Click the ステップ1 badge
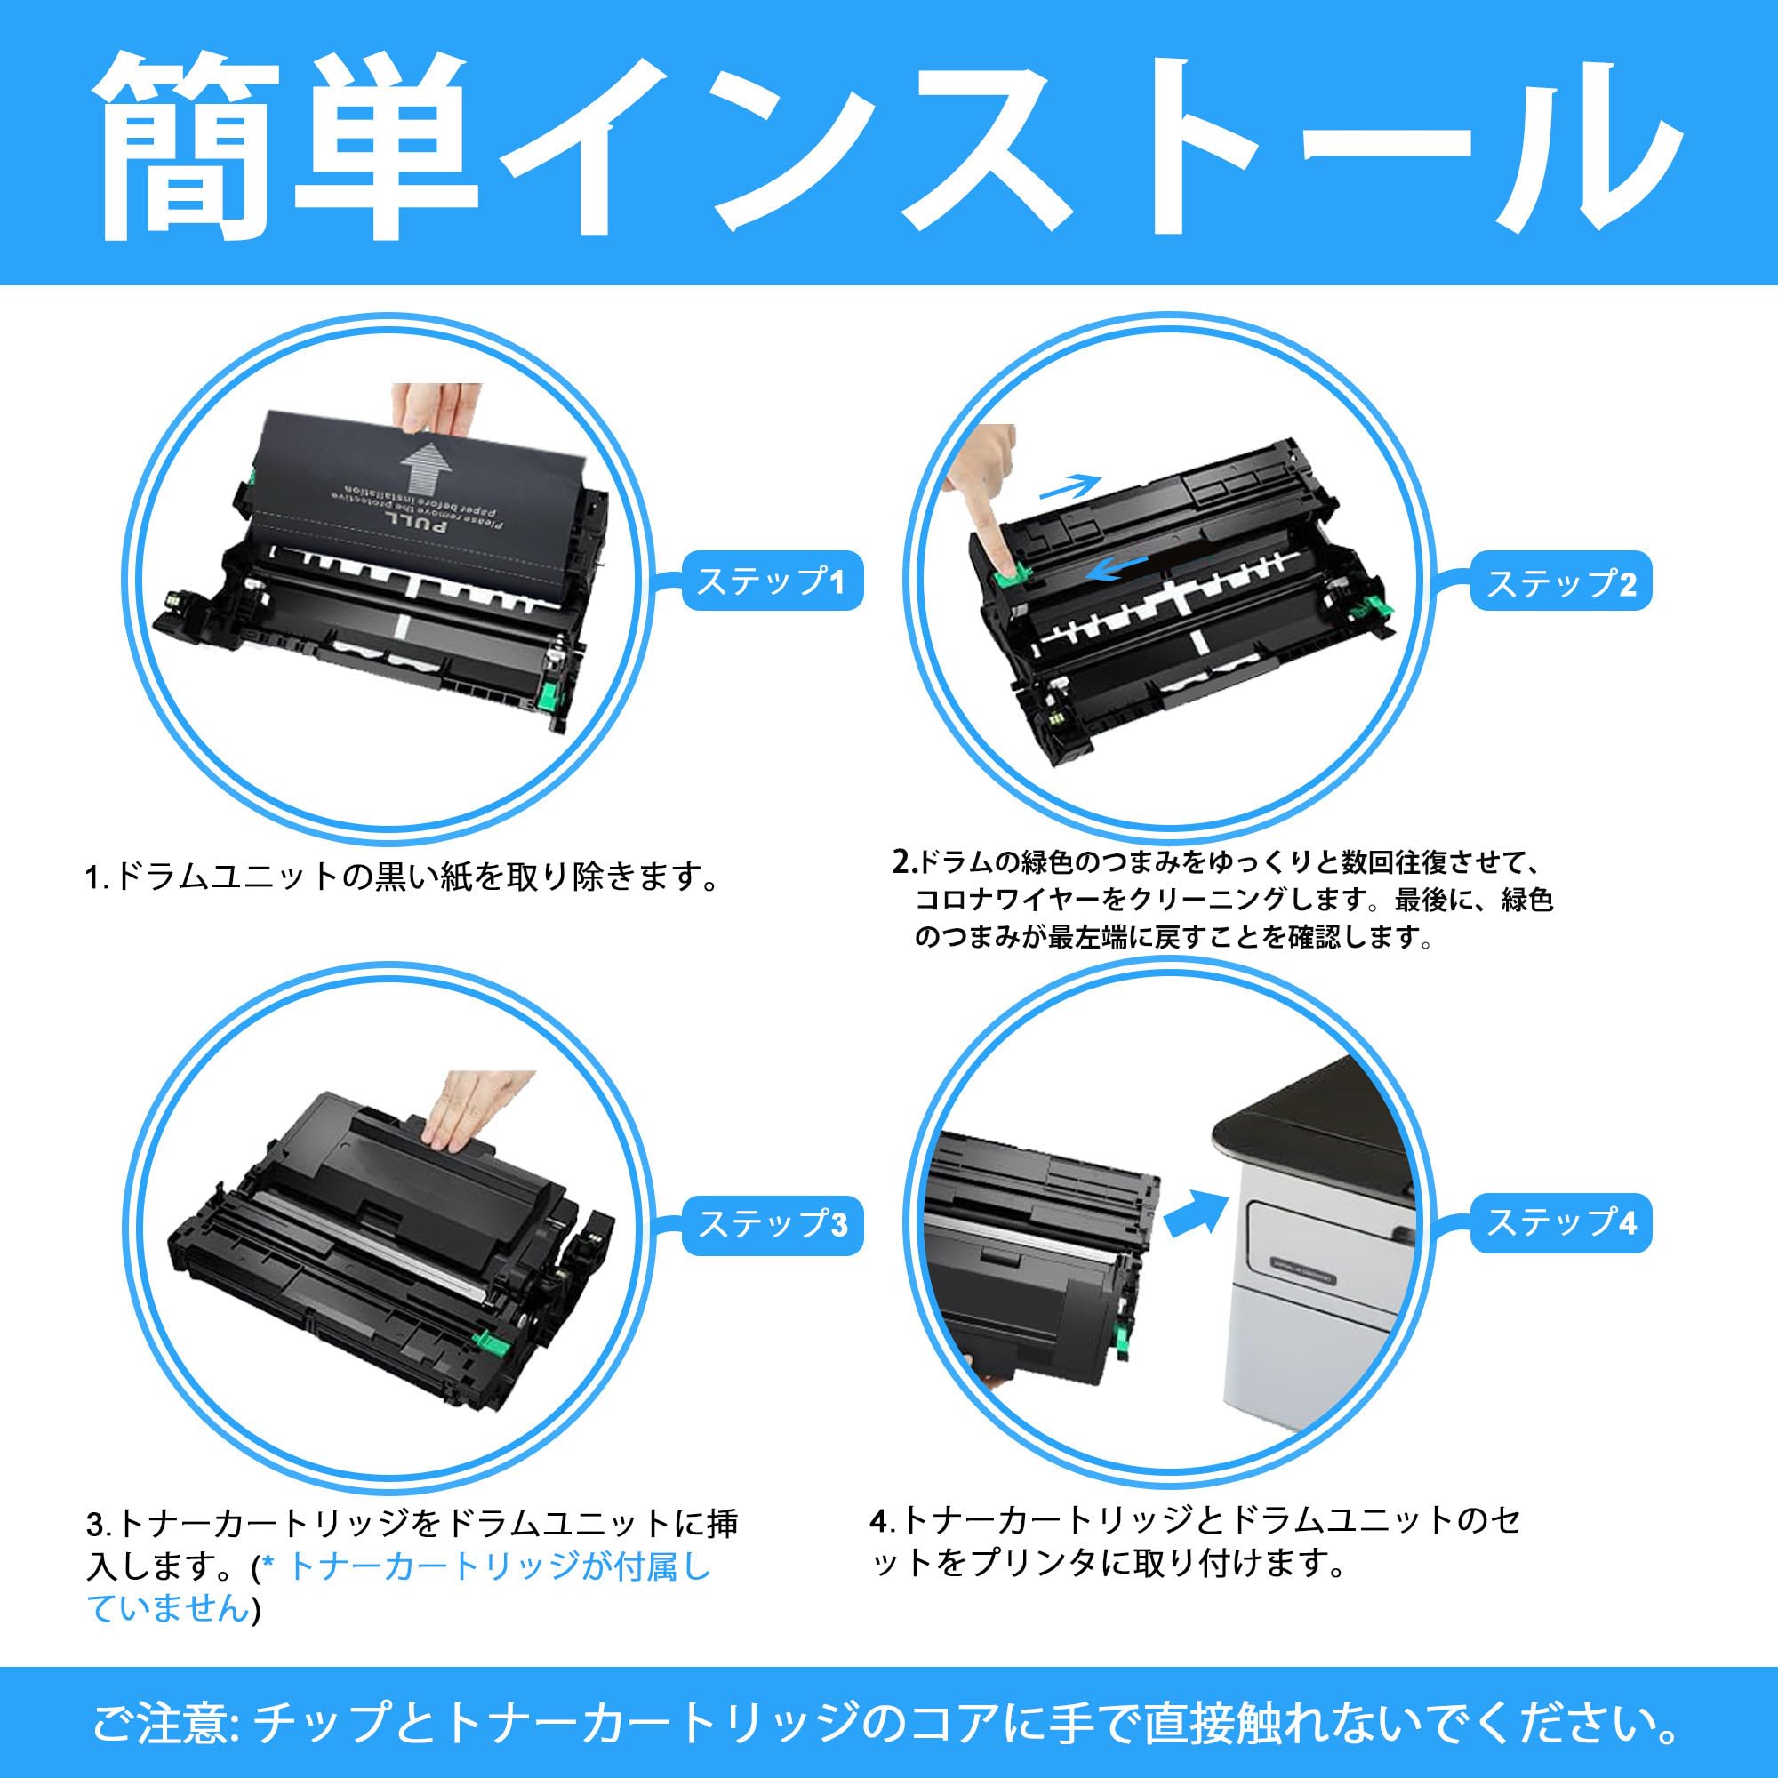point(771,581)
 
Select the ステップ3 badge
point(771,1225)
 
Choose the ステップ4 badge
point(1561,1223)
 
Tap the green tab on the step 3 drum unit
point(482,1342)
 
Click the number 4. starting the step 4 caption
point(882,1520)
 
